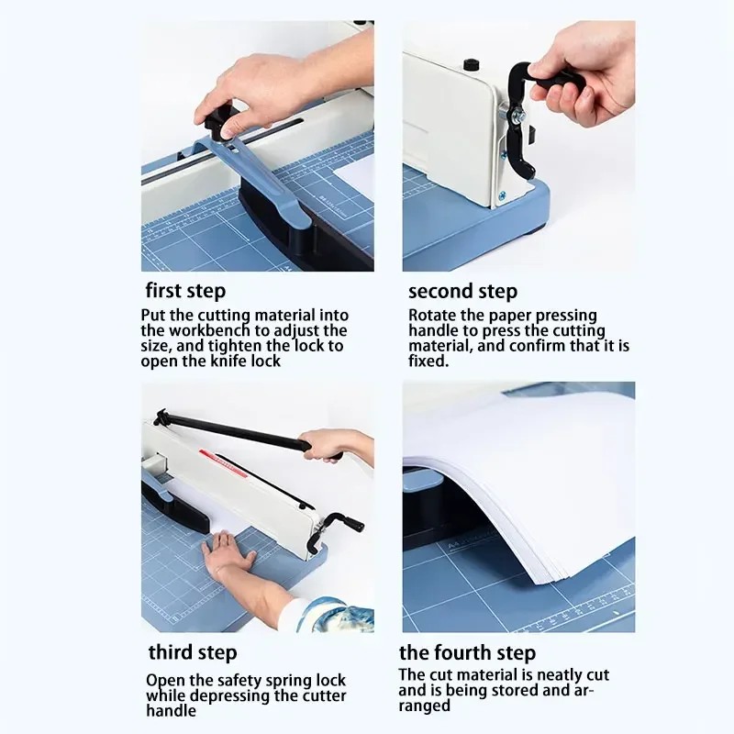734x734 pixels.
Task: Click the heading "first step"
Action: tap(185, 292)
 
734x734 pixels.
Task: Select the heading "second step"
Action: tap(462, 292)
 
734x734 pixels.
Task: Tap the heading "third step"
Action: tap(193, 653)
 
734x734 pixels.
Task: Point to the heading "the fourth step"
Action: tap(467, 653)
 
